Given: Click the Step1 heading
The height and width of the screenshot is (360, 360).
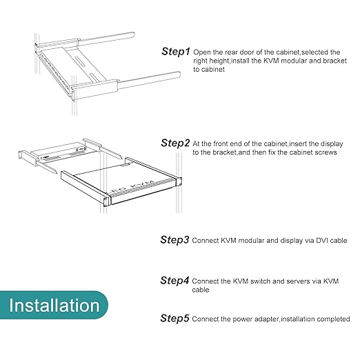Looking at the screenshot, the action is [x=176, y=52].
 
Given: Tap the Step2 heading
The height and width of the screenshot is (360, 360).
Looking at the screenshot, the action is [x=175, y=143].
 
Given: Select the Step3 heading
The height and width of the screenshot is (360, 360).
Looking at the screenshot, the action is [x=174, y=240].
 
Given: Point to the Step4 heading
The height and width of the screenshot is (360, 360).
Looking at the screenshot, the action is [x=174, y=281].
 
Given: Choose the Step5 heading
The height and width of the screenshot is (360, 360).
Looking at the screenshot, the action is [x=174, y=318].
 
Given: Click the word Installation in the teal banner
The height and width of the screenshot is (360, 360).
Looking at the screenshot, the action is [x=54, y=306].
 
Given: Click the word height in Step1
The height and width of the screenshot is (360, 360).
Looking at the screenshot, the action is [x=218, y=61].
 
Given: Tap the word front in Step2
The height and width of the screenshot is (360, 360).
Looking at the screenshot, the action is [x=220, y=144].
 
